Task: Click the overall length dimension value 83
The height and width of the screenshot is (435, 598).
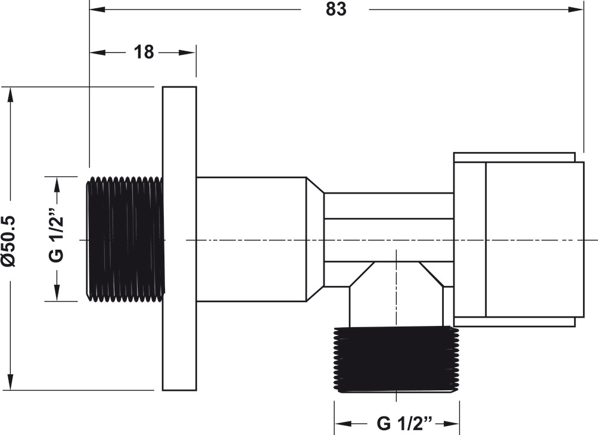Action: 336,9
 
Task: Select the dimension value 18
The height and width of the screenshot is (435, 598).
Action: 144,52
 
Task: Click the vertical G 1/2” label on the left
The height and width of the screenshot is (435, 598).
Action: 57,238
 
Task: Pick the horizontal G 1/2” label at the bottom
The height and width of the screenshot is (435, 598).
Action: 404,423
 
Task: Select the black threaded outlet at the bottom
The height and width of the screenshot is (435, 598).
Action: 397,359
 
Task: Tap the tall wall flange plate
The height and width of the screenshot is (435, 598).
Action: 180,238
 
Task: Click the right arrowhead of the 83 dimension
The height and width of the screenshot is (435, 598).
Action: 576,9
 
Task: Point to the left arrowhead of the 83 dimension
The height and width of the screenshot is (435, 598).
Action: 97,9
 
